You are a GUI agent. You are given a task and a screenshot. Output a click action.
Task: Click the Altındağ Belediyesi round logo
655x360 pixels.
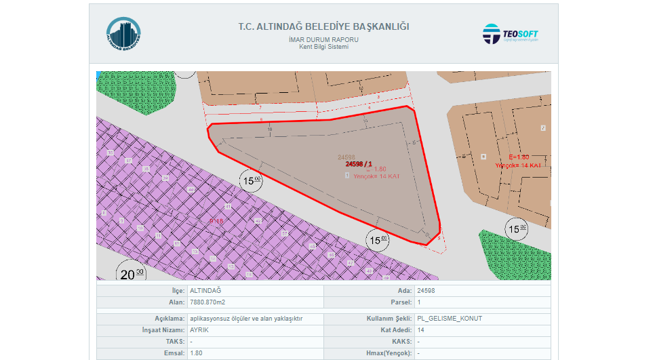[x=123, y=35]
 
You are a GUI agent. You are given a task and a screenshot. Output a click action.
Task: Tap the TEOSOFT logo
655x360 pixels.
[x=511, y=34]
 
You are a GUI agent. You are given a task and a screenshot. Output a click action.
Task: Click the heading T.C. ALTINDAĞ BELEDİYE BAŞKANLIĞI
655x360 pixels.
[x=323, y=27]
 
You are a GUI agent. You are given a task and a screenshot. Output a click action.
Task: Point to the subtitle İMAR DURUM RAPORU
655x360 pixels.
[x=323, y=40]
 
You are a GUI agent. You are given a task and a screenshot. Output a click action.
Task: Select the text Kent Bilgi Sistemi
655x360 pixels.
[x=323, y=47]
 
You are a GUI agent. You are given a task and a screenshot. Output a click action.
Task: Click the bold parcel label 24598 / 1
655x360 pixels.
[x=358, y=163]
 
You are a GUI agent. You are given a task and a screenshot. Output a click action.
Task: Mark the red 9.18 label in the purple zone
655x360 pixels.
[x=216, y=221]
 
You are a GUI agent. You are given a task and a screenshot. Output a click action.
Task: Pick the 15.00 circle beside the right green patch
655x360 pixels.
[x=517, y=229]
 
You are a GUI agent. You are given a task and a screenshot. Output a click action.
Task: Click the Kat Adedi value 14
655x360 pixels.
[x=421, y=329]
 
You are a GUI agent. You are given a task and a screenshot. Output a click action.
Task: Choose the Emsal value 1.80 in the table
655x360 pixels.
[x=196, y=353]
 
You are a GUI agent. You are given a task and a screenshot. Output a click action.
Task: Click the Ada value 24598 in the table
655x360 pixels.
[x=426, y=290]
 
